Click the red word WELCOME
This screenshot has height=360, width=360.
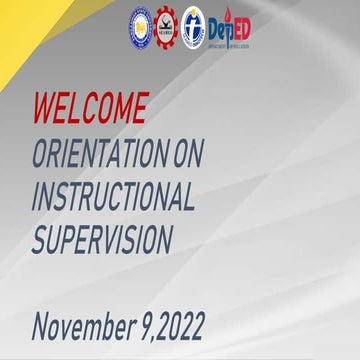[x=90, y=107]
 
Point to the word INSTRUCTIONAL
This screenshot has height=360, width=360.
[x=113, y=196]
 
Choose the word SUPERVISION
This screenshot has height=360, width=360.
[x=101, y=241]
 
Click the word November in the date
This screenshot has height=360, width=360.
[x=85, y=325]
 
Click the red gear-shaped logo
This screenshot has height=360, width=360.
[x=165, y=28]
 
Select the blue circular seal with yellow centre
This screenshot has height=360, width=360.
[x=140, y=28]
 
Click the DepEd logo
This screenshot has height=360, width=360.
[x=229, y=29]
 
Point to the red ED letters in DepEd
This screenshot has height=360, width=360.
[x=240, y=27]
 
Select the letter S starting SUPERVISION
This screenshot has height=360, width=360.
[x=40, y=241]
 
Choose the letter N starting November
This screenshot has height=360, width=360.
[x=41, y=325]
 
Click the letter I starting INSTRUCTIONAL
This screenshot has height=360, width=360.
[x=35, y=196]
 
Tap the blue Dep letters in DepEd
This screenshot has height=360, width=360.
[x=219, y=29]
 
